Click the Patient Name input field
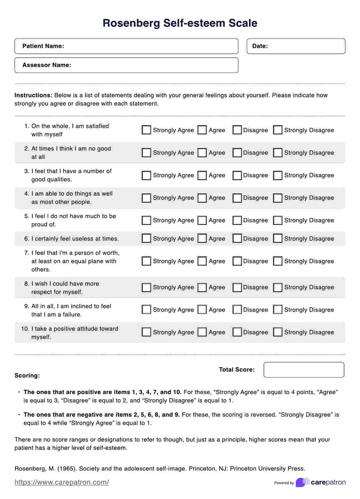pyautogui.click(x=150, y=46)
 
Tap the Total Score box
pyautogui.click(x=304, y=370)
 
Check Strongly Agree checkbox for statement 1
pyautogui.click(x=146, y=130)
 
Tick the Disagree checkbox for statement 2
pyautogui.click(x=237, y=153)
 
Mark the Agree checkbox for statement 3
pyautogui.click(x=202, y=175)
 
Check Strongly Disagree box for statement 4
pyautogui.click(x=278, y=198)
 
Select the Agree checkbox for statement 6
pyautogui.click(x=202, y=238)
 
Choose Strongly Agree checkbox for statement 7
pyautogui.click(x=146, y=261)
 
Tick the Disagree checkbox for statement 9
pyautogui.click(x=237, y=310)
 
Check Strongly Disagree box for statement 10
pyautogui.click(x=278, y=332)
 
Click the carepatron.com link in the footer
pyautogui.click(x=62, y=482)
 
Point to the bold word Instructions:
pyautogui.click(x=33, y=95)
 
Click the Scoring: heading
pyautogui.click(x=27, y=376)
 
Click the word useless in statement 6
pyautogui.click(x=83, y=239)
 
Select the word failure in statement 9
pyautogui.click(x=72, y=314)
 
